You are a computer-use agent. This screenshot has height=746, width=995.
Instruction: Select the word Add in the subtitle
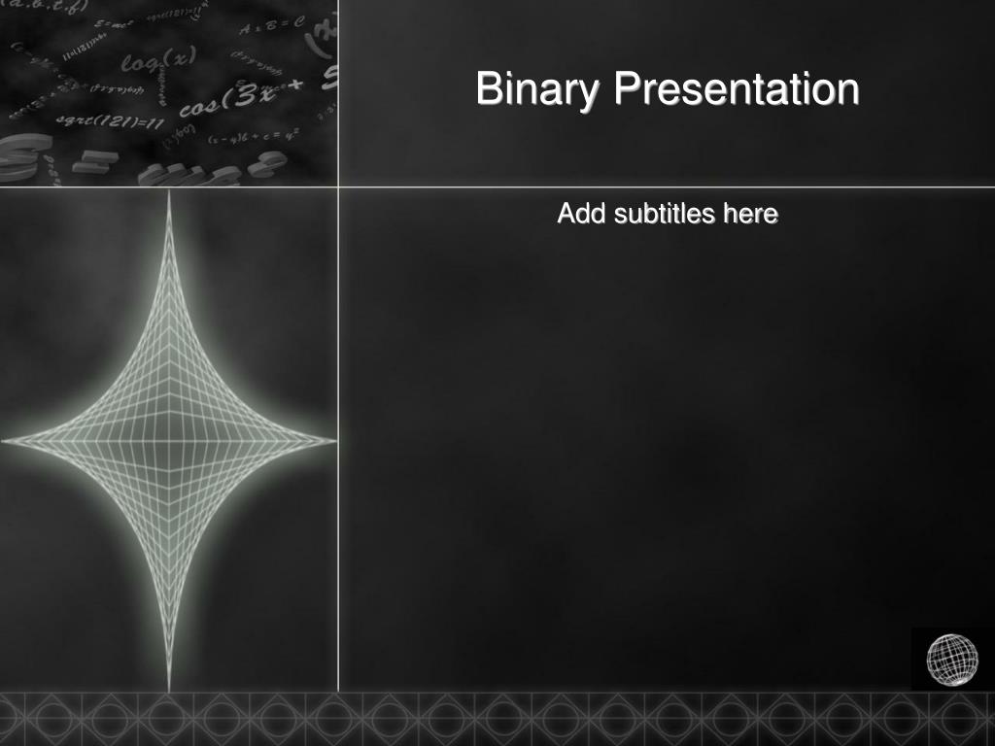581,213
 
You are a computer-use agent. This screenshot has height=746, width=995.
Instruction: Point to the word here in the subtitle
750,213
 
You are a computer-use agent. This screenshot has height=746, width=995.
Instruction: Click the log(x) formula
158,60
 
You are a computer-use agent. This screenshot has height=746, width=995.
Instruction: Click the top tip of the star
169,193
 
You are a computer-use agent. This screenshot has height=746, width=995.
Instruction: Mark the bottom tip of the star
169,688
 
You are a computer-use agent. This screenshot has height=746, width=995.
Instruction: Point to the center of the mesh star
169,441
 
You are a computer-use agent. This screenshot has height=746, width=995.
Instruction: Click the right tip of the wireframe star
334,441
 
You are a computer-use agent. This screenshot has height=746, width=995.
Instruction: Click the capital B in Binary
488,89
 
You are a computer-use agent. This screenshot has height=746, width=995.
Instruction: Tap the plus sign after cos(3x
295,85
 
